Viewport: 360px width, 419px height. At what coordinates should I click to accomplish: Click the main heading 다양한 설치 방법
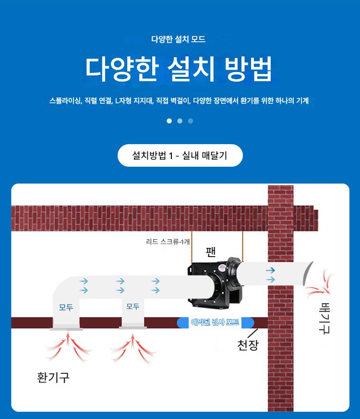pyautogui.click(x=179, y=68)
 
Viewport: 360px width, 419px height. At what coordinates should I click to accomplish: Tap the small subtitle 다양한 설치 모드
pyautogui.click(x=178, y=39)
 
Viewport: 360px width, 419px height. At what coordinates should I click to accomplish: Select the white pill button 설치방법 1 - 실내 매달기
pyautogui.click(x=180, y=155)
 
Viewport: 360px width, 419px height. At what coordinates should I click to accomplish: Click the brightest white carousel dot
pyautogui.click(x=169, y=121)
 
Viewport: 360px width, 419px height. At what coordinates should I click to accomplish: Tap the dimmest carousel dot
pyautogui.click(x=190, y=121)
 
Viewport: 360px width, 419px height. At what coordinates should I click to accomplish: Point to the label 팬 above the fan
pyautogui.click(x=211, y=252)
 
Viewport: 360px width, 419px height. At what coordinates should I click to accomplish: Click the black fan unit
pyautogui.click(x=216, y=283)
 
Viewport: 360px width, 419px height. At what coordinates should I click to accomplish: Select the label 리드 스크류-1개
pyautogui.click(x=168, y=242)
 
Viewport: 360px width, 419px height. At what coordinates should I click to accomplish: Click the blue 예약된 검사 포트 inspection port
pyautogui.click(x=216, y=322)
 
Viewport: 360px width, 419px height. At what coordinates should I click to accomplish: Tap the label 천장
pyautogui.click(x=248, y=345)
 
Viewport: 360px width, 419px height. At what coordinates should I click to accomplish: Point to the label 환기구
pyautogui.click(x=53, y=377)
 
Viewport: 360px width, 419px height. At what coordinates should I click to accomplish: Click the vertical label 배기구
pyautogui.click(x=324, y=318)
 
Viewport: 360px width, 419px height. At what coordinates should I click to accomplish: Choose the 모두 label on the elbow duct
pyautogui.click(x=66, y=308)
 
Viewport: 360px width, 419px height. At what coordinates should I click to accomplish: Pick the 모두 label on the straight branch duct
pyautogui.click(x=133, y=306)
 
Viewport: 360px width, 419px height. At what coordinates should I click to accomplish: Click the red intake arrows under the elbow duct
pyautogui.click(x=68, y=346)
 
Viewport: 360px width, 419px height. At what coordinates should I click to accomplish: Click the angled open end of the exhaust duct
pyautogui.click(x=307, y=273)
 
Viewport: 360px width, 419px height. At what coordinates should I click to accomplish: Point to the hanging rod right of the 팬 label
pyautogui.click(x=242, y=246)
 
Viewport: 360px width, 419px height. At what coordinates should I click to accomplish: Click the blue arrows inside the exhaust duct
pyautogui.click(x=271, y=275)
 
